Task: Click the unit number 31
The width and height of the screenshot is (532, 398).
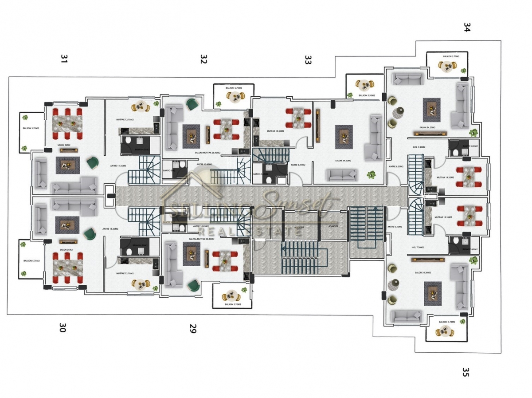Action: click(x=64, y=59)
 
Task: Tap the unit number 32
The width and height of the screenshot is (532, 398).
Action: click(x=203, y=59)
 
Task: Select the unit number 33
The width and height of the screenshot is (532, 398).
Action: click(x=308, y=60)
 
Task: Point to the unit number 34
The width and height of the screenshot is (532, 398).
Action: click(x=466, y=28)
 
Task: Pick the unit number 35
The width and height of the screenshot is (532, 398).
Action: click(x=465, y=372)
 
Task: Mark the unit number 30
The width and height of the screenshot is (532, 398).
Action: click(x=63, y=328)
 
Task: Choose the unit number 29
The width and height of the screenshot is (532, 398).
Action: click(x=193, y=329)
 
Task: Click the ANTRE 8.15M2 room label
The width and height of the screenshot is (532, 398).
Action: click(x=298, y=165)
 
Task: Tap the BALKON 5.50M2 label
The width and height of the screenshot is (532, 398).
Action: click(x=367, y=95)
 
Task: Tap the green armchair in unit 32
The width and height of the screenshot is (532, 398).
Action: click(x=192, y=104)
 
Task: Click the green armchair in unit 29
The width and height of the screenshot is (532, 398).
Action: click(x=192, y=285)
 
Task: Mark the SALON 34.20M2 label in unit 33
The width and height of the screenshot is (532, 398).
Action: click(x=344, y=161)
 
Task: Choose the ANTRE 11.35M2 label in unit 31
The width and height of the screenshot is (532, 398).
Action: click(x=118, y=166)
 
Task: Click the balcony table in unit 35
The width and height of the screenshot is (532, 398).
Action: click(x=445, y=331)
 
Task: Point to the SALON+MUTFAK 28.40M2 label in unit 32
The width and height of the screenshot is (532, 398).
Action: click(x=207, y=153)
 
